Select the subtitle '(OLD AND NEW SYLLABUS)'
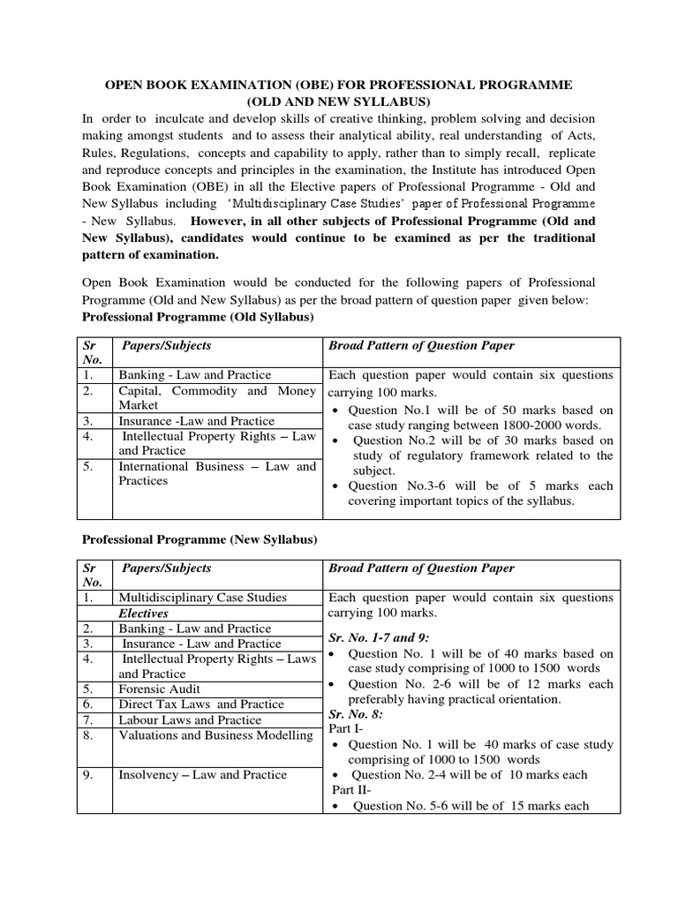[x=339, y=102]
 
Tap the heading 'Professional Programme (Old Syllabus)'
[x=198, y=316]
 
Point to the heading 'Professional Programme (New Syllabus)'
[x=200, y=539]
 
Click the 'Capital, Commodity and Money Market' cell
[x=216, y=397]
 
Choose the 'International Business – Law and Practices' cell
[x=216, y=473]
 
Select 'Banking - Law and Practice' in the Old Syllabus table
[x=195, y=375]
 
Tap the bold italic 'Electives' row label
[x=144, y=613]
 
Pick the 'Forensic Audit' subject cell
[x=160, y=689]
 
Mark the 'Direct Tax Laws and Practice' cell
[x=201, y=704]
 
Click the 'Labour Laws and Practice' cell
[x=190, y=719]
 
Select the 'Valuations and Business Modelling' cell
[x=215, y=735]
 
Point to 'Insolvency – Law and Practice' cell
[x=203, y=774]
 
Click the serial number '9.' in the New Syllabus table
[x=87, y=774]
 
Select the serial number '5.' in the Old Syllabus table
[x=87, y=466]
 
